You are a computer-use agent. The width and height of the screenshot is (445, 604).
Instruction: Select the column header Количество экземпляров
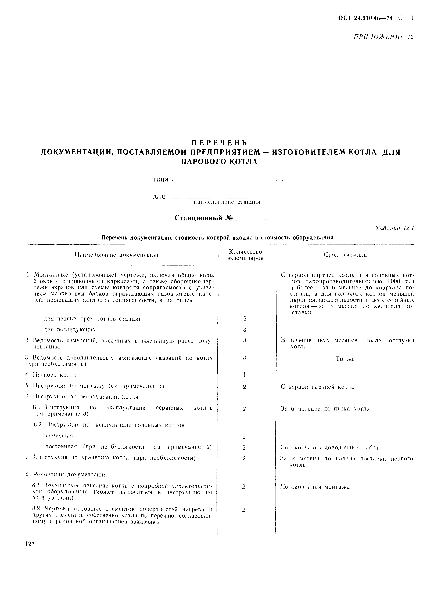coord(245,255)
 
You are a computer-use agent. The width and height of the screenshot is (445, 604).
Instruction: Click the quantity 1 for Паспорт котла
coord(244,375)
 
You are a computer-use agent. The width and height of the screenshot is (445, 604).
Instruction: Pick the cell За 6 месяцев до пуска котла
coord(325,409)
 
